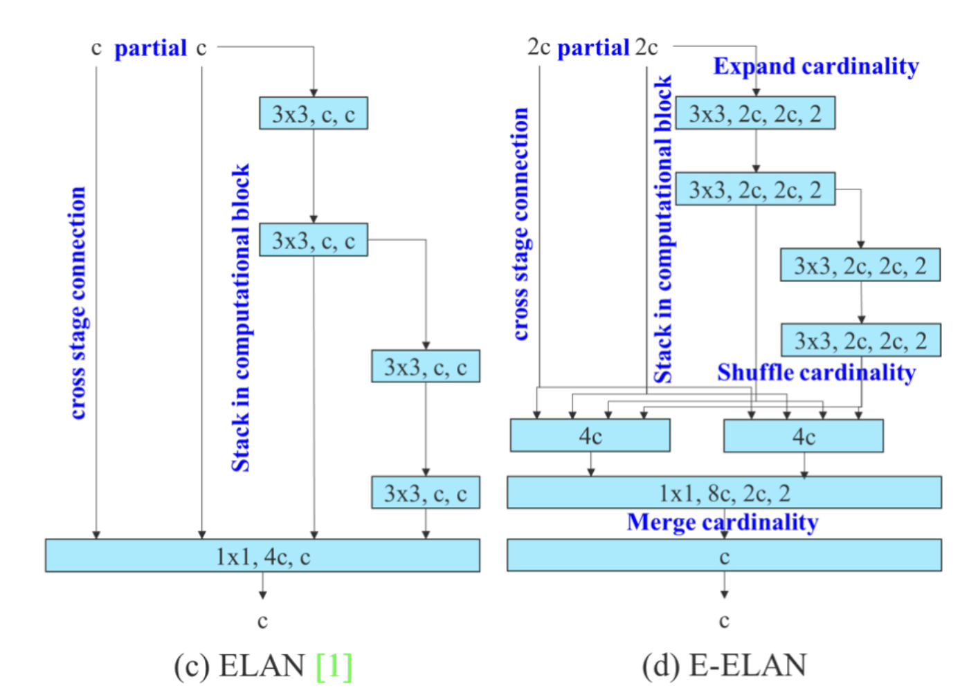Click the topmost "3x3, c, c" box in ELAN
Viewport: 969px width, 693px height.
(x=313, y=113)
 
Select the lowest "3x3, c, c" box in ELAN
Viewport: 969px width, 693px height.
(x=425, y=493)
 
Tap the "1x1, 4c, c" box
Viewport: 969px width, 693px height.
(x=262, y=556)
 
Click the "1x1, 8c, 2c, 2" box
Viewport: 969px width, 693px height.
(x=724, y=492)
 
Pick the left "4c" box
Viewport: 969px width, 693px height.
(x=590, y=436)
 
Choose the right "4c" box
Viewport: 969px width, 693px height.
(x=803, y=436)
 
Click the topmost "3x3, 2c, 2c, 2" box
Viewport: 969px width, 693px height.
(x=754, y=113)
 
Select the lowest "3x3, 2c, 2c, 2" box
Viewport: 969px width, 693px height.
(x=860, y=340)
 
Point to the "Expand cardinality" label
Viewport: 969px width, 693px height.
(x=816, y=66)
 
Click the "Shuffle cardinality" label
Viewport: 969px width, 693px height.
(x=816, y=373)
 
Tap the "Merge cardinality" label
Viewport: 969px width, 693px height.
(x=723, y=522)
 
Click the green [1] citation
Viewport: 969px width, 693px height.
(x=334, y=666)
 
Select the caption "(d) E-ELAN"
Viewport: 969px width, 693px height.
(x=724, y=666)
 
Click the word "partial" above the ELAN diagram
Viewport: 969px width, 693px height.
(x=150, y=48)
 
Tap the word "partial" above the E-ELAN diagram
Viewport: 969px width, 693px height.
(x=593, y=48)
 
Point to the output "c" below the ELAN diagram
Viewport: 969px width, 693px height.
(x=262, y=621)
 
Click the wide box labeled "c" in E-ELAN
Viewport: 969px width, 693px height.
(x=724, y=556)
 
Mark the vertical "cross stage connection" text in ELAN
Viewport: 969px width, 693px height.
(x=78, y=303)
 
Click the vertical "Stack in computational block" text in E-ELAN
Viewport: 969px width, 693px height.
(x=663, y=228)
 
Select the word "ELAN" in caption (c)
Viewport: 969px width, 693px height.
(x=262, y=666)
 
